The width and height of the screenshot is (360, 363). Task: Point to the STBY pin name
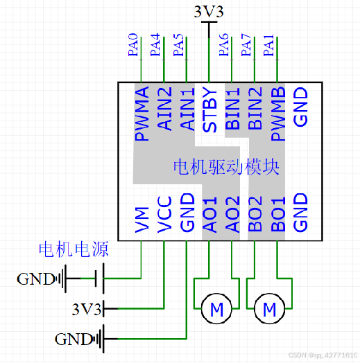(209, 109)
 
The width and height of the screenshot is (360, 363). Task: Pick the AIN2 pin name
(164, 109)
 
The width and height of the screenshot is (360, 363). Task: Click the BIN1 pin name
(232, 109)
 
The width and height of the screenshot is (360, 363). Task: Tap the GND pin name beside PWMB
(300, 107)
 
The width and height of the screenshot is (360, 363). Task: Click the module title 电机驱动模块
(226, 167)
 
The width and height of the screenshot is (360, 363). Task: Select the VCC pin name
(164, 215)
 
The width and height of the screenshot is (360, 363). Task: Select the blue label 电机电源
(73, 249)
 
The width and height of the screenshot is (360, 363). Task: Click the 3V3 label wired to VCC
(87, 307)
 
